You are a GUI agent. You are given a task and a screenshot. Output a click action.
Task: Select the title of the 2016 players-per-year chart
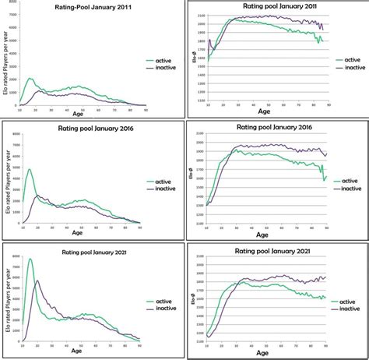point(83,129)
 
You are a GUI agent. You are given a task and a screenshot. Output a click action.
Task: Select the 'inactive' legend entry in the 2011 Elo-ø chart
point(349,66)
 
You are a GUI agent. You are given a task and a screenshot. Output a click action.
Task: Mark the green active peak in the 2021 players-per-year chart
point(30,259)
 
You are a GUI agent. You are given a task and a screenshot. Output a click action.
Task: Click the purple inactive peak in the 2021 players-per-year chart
point(38,281)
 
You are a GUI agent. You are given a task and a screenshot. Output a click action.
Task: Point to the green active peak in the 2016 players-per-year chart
point(30,169)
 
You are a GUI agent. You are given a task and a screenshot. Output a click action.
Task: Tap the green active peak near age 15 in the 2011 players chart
point(30,79)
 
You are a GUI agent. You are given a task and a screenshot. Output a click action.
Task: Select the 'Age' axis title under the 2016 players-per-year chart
point(78,232)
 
